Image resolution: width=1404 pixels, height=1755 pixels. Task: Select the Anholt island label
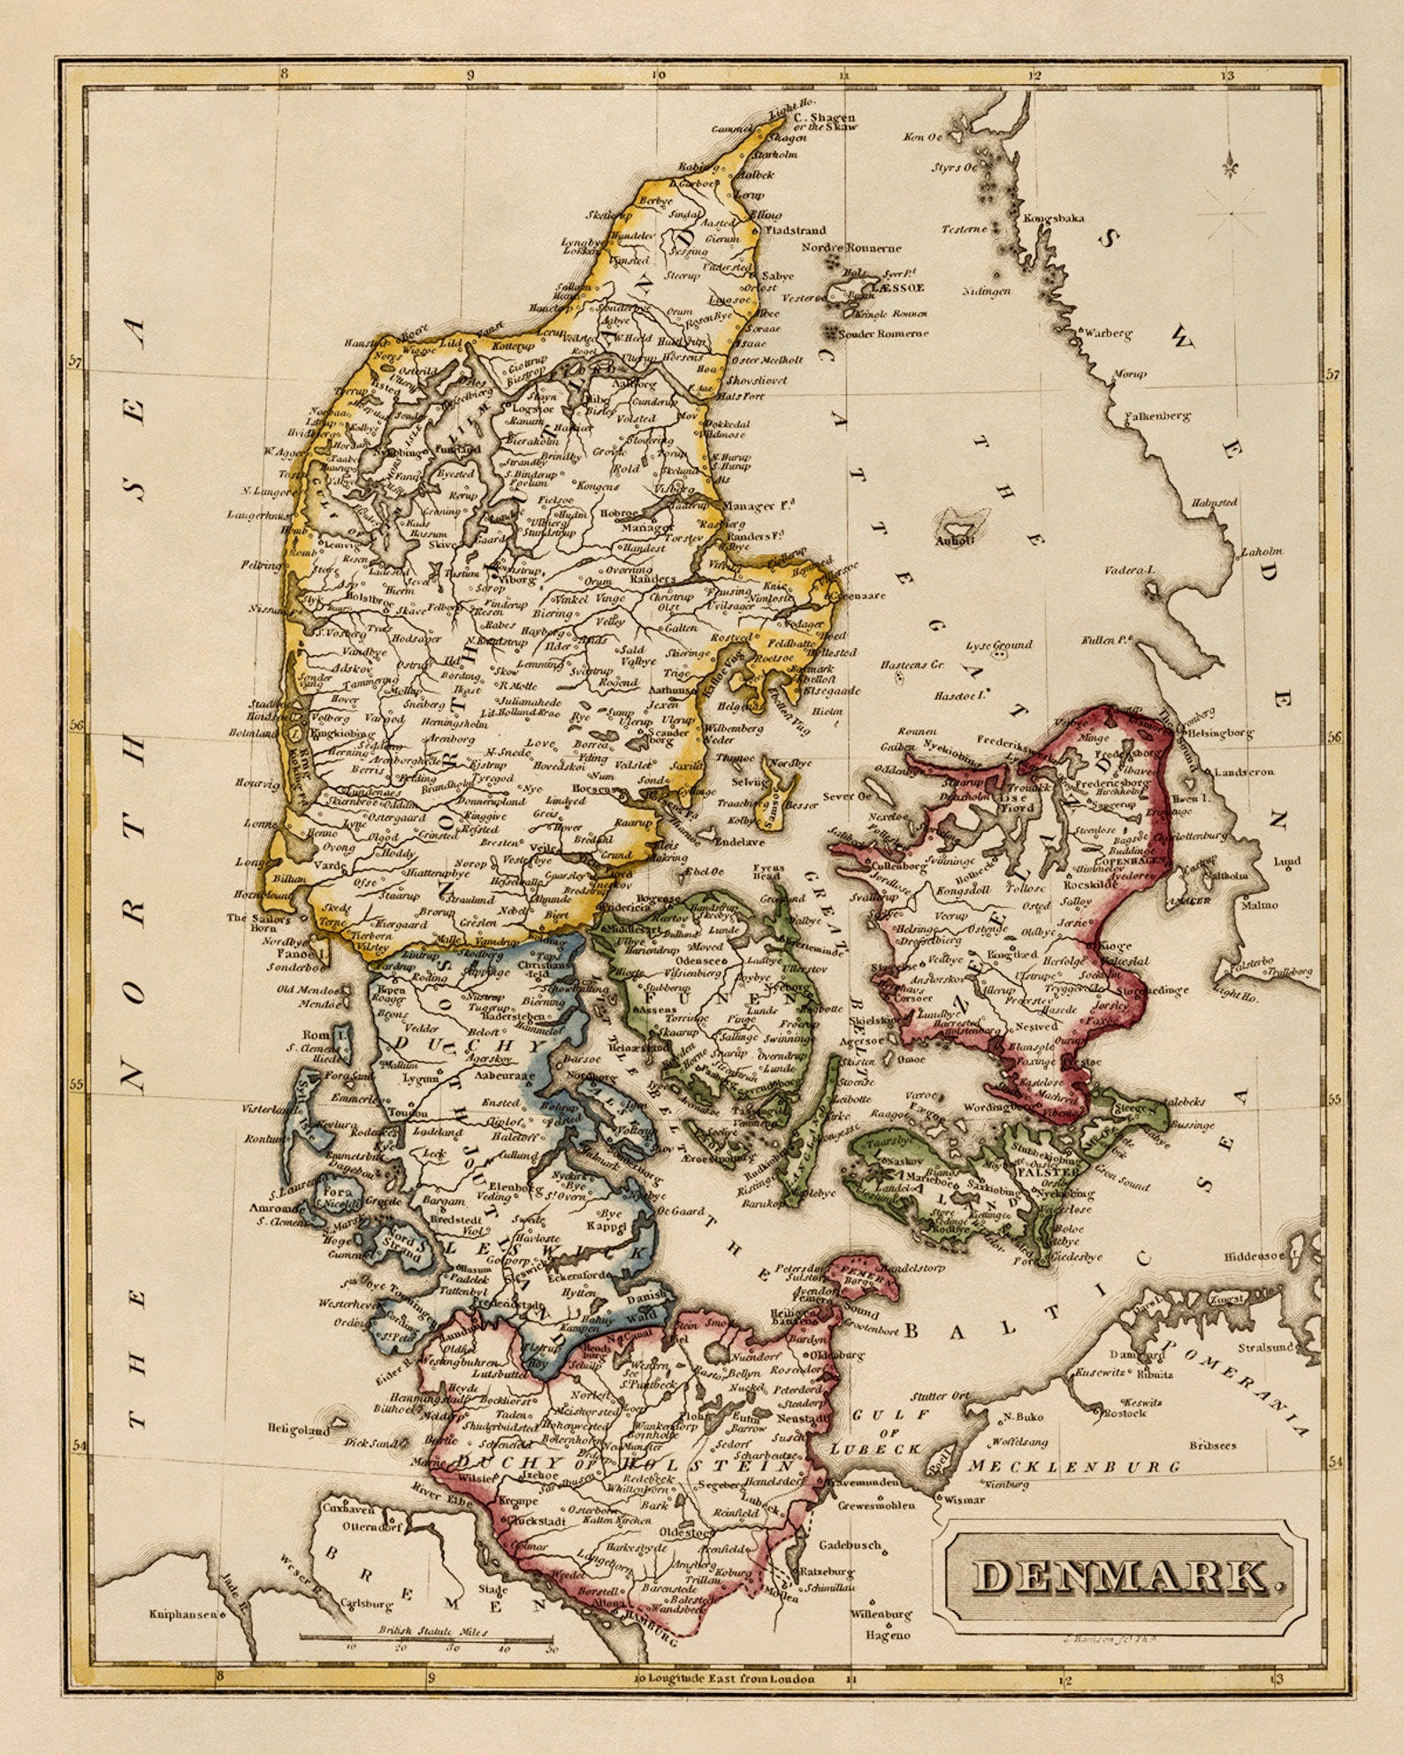(954, 539)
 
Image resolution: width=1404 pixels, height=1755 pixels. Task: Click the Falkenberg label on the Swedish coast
(1157, 416)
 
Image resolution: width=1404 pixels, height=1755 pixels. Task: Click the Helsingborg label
(1221, 733)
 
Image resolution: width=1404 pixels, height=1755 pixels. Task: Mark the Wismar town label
(964, 1499)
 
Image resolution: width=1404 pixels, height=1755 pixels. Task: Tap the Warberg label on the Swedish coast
(1108, 333)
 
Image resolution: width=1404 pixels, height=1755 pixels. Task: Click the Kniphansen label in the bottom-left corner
(182, 1614)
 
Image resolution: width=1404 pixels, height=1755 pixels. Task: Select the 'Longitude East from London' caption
(731, 1679)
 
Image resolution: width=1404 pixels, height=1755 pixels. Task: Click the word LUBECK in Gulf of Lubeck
(875, 1450)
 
